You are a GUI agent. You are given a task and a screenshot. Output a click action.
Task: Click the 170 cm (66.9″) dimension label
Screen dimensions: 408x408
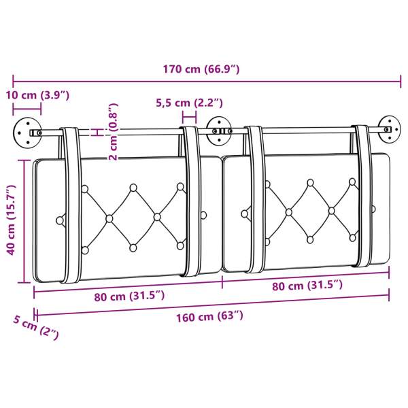pyautogui.click(x=201, y=69)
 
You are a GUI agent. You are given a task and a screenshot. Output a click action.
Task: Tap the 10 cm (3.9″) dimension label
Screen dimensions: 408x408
pyautogui.click(x=37, y=95)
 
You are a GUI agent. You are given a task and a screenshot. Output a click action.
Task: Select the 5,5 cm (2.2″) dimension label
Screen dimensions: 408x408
pyautogui.click(x=189, y=103)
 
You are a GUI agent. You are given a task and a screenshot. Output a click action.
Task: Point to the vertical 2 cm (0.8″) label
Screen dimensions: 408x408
pyautogui.click(x=113, y=132)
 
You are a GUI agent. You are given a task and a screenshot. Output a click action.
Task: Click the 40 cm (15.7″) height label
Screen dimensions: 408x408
pyautogui.click(x=11, y=220)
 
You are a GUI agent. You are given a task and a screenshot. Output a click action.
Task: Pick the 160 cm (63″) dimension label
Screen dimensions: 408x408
pyautogui.click(x=209, y=317)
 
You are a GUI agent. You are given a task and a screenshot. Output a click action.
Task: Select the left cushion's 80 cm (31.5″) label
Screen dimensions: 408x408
pyautogui.click(x=129, y=296)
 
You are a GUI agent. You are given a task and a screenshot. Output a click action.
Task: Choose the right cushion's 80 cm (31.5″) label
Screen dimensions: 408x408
pyautogui.click(x=307, y=286)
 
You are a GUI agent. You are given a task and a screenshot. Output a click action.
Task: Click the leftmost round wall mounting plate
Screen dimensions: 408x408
pyautogui.click(x=27, y=133)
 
